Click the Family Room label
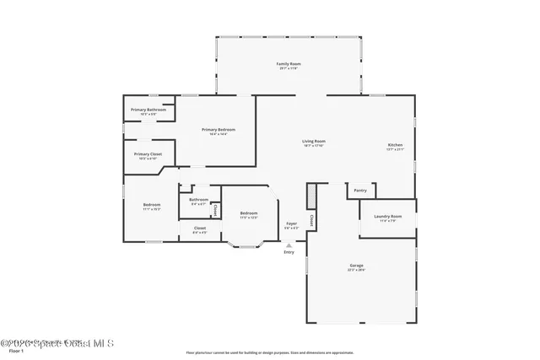click(x=289, y=65)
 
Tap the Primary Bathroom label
click(x=148, y=110)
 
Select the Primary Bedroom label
click(x=218, y=130)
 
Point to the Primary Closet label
click(x=148, y=154)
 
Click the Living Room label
click(x=314, y=142)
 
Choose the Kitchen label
click(x=395, y=146)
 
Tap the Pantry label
click(x=360, y=191)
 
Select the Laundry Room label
click(x=387, y=217)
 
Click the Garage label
click(x=357, y=266)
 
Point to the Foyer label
click(x=291, y=223)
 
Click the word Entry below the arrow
click(x=289, y=252)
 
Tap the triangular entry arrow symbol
click(x=289, y=245)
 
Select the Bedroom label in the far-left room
click(x=151, y=206)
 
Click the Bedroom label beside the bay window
click(x=248, y=213)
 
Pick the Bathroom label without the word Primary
click(x=199, y=200)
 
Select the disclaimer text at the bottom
click(x=270, y=352)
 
